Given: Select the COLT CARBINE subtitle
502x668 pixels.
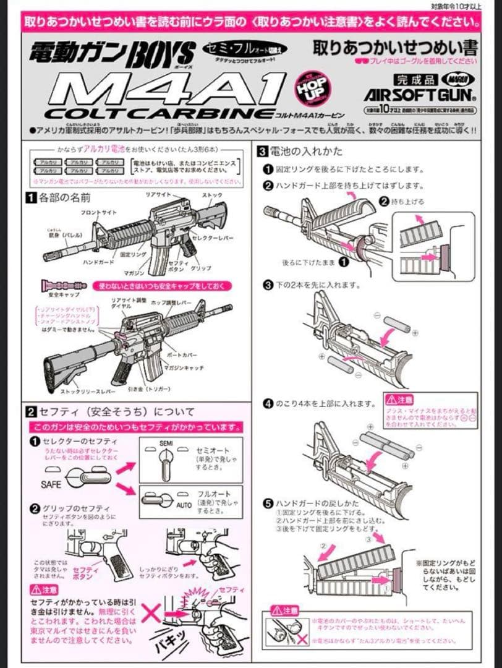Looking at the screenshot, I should click(x=158, y=114).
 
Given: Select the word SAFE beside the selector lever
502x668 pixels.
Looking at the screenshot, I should click(x=51, y=484).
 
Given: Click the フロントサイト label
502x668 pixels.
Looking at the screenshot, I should click(x=98, y=212).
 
